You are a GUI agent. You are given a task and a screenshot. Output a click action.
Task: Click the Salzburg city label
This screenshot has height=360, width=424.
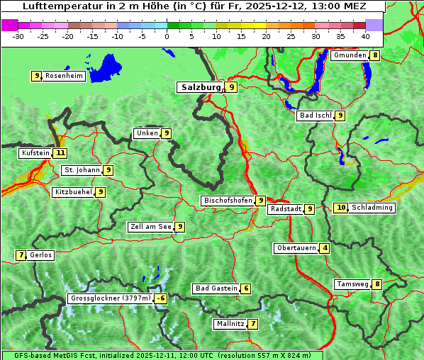point(200,87)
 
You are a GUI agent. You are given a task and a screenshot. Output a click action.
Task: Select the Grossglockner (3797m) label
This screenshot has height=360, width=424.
point(111,298)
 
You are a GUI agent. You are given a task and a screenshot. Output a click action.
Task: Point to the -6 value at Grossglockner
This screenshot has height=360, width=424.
point(161,298)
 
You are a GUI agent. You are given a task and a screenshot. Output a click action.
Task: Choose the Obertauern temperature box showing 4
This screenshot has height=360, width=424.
point(324,248)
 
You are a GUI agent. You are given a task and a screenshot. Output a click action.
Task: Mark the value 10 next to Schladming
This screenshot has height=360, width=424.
point(341,208)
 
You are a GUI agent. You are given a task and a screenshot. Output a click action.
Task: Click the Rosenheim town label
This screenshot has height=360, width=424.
point(64,76)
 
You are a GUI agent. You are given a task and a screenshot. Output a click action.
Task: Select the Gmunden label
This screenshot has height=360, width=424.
point(350,55)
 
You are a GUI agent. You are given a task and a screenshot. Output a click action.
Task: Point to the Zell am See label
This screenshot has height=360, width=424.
point(151,227)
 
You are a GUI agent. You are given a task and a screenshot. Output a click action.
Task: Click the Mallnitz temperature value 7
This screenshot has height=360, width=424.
point(253,324)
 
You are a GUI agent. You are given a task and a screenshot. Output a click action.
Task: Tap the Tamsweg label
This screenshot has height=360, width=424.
point(353,284)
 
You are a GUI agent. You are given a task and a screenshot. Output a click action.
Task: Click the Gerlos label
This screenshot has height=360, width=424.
point(41,255)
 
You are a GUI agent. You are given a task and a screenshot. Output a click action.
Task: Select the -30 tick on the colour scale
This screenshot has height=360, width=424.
point(18,36)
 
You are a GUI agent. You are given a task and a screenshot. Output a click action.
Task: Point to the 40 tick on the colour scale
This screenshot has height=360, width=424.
point(365,36)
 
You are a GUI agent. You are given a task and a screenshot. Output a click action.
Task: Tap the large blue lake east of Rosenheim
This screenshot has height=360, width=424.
point(106,67)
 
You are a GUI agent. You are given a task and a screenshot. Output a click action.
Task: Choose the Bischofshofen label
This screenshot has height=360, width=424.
point(228,201)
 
